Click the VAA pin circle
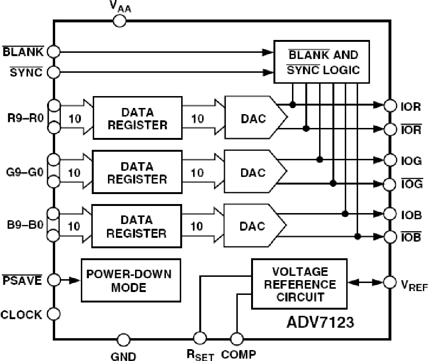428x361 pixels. [x=119, y=20]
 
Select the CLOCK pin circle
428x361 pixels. [x=54, y=314]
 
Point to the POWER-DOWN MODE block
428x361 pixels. [x=131, y=281]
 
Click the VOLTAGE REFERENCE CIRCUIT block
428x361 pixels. [x=300, y=284]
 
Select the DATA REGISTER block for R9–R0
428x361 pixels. [x=137, y=118]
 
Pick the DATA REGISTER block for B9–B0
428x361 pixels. [x=137, y=226]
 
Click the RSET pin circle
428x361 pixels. [x=200, y=338]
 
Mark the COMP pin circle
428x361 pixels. [x=236, y=339]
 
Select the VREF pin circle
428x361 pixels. [x=390, y=282]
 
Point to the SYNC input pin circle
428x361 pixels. [x=54, y=72]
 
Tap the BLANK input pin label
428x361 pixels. [x=22, y=51]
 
